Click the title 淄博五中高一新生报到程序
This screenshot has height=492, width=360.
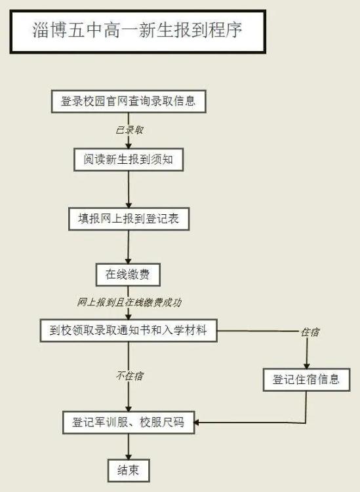tap(138, 30)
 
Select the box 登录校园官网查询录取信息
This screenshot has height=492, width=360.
tap(129, 102)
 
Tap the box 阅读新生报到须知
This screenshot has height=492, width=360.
tap(129, 160)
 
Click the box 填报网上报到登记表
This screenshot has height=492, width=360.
tap(129, 219)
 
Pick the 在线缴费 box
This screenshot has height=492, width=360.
tap(128, 274)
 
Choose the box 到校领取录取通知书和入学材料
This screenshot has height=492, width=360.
tap(129, 330)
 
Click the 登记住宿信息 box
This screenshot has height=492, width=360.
tap(306, 380)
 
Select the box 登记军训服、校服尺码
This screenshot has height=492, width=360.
tap(129, 423)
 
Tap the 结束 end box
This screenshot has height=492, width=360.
tap(129, 470)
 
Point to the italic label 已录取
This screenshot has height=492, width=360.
tap(129, 130)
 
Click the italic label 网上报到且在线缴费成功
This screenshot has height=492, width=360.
tap(129, 302)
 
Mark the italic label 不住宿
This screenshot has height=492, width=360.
tap(129, 375)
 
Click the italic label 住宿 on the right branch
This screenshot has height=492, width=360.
tap(310, 332)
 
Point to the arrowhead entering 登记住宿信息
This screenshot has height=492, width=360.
tap(307, 366)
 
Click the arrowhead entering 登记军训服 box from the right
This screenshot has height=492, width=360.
tap(197, 423)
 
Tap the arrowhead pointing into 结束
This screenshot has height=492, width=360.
tap(129, 457)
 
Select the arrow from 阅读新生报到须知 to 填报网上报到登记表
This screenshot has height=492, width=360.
tap(129, 189)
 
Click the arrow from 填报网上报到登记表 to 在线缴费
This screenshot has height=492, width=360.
tap(128, 247)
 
